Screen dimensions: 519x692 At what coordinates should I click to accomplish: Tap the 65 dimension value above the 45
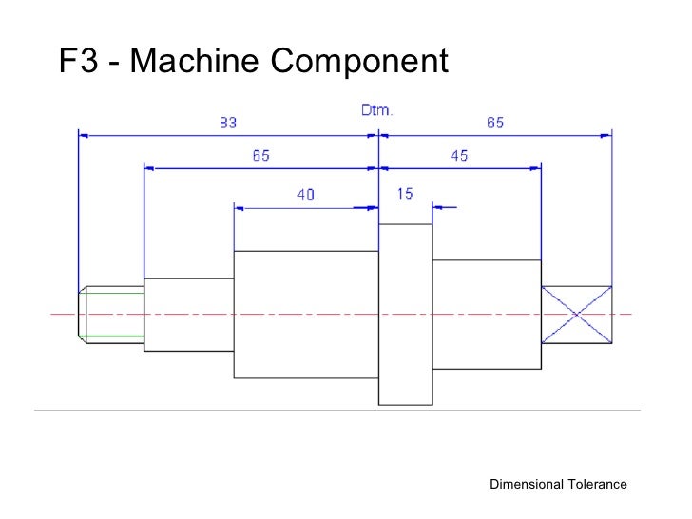pyautogui.click(x=495, y=123)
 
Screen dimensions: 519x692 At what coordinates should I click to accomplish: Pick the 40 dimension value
pyautogui.click(x=305, y=194)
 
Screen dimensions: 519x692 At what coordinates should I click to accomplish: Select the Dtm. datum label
pyautogui.click(x=377, y=110)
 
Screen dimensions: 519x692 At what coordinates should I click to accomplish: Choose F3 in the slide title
pyautogui.click(x=77, y=63)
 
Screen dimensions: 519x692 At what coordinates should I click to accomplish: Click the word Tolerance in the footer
pyautogui.click(x=597, y=485)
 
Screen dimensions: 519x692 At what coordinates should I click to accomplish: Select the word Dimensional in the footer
pyautogui.click(x=527, y=485)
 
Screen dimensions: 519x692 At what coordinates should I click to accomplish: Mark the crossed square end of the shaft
pyautogui.click(x=576, y=314)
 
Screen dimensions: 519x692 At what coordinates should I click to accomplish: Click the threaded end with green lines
pyautogui.click(x=110, y=313)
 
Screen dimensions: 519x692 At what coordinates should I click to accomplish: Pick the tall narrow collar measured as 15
pyautogui.click(x=405, y=315)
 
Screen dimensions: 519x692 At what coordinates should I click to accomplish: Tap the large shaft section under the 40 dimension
pyautogui.click(x=306, y=315)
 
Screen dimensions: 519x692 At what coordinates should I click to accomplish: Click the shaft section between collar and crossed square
pyautogui.click(x=486, y=314)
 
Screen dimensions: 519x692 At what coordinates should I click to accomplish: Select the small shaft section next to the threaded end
pyautogui.click(x=188, y=314)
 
